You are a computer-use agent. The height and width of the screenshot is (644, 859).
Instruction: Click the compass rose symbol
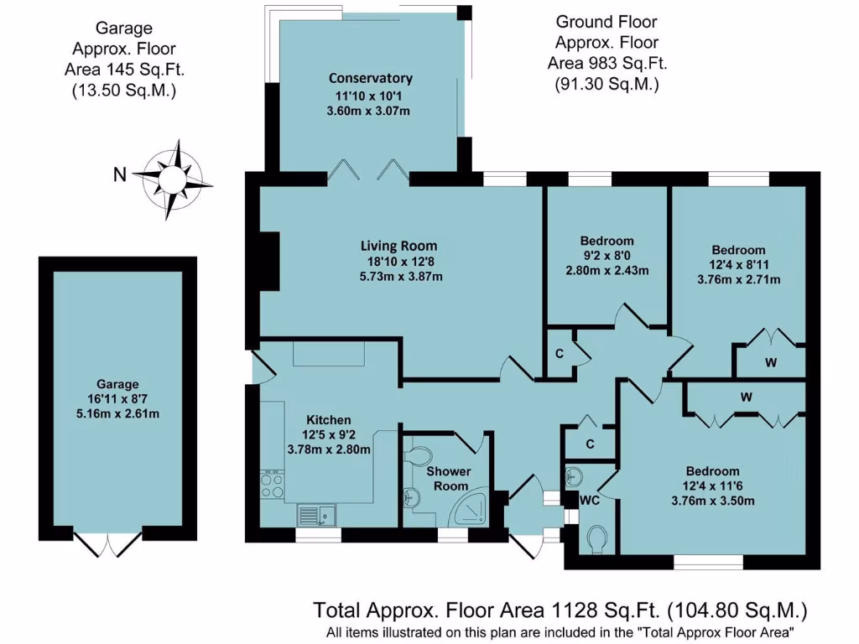(172, 177)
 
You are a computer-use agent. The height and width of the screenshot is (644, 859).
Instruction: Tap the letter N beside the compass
(121, 175)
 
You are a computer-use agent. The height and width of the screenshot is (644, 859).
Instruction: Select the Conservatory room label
(370, 79)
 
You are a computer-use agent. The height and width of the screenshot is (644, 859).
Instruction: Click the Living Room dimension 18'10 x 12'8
(399, 262)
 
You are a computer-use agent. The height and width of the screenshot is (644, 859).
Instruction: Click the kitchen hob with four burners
(272, 485)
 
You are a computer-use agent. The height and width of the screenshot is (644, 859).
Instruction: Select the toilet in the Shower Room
(417, 454)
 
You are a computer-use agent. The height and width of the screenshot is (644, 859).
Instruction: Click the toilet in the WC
(598, 538)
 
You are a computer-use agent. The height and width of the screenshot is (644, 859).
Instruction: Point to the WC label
(590, 500)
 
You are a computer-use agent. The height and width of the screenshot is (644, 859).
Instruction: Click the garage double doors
(110, 543)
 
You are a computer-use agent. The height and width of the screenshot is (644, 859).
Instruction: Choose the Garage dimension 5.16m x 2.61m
(117, 413)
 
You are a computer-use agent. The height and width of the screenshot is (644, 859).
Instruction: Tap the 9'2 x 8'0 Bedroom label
(607, 241)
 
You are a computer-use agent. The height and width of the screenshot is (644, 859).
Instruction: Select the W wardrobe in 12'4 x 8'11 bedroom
(769, 363)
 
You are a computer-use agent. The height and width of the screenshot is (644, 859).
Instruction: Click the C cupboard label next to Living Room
(559, 352)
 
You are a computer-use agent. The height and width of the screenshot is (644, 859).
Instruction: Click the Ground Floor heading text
(607, 22)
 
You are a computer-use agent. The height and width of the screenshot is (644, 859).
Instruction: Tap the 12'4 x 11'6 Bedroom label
(712, 471)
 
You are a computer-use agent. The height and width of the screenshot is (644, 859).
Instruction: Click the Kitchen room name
(328, 419)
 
